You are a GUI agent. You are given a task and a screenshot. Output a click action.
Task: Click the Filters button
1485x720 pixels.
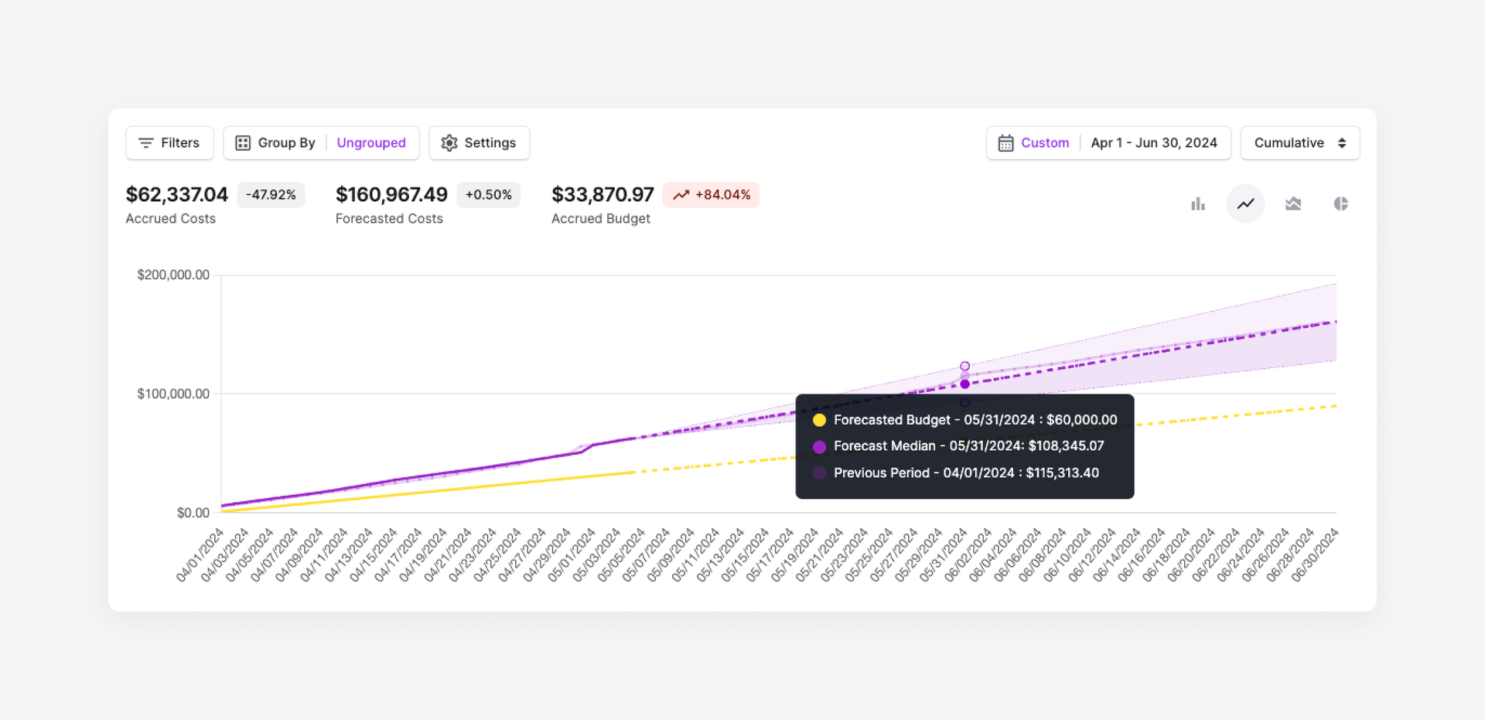click(169, 143)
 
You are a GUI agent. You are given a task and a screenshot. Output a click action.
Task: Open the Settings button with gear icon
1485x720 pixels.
click(479, 143)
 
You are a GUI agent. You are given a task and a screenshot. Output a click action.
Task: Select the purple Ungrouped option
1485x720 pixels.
click(370, 143)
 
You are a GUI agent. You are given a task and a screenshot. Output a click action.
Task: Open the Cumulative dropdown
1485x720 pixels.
click(1299, 143)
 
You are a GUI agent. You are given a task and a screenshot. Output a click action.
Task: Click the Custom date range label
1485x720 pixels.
click(1044, 143)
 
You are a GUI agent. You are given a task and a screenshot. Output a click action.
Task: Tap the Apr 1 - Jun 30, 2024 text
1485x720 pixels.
click(1153, 143)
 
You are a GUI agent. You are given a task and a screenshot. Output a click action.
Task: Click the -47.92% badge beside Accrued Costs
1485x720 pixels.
click(271, 195)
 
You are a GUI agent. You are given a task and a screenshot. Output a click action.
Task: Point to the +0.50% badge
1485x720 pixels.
click(488, 195)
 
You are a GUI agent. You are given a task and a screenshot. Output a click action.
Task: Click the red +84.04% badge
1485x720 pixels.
click(711, 195)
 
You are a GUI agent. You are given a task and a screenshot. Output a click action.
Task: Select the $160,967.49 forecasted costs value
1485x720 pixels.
click(391, 195)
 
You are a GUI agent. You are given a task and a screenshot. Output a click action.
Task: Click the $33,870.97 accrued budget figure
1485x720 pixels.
click(603, 195)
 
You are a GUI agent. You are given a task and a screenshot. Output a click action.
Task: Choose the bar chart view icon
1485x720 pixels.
click(1198, 204)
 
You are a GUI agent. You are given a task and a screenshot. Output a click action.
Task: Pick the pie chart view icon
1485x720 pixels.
click(1340, 204)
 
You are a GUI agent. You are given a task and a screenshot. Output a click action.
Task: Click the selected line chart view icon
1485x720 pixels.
click(1245, 204)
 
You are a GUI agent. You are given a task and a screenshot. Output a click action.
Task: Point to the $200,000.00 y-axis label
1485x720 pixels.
click(173, 275)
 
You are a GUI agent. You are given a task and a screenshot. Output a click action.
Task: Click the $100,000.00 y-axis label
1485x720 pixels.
click(173, 394)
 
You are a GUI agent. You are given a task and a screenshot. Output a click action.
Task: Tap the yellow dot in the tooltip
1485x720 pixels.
click(819, 421)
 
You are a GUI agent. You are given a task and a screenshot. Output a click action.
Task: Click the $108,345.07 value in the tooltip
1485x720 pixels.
click(1065, 446)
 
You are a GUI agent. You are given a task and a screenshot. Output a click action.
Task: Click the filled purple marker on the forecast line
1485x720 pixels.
click(964, 384)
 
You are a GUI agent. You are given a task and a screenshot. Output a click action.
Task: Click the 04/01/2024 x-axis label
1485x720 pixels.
click(200, 555)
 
